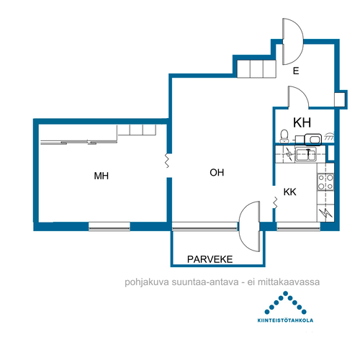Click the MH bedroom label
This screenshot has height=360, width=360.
pyautogui.click(x=102, y=176)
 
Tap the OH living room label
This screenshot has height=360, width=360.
pyautogui.click(x=217, y=173)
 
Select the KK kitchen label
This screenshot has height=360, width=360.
pyautogui.click(x=290, y=192)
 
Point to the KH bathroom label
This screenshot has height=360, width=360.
pyautogui.click(x=302, y=122)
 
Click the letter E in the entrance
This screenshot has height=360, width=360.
pyautogui.click(x=296, y=71)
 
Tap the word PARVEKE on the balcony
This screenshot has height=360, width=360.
pyautogui.click(x=210, y=259)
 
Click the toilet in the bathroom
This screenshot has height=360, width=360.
pyautogui.click(x=284, y=136)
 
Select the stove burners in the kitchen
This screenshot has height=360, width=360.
pyautogui.click(x=325, y=182)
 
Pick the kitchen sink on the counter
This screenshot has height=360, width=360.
pyautogui.click(x=305, y=154)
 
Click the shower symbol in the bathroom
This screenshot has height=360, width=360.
pyautogui.click(x=329, y=136)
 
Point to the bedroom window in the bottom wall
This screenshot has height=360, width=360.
pyautogui.click(x=109, y=226)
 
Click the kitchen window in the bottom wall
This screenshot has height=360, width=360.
pyautogui.click(x=298, y=226)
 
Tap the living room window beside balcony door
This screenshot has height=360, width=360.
pyautogui.click(x=205, y=226)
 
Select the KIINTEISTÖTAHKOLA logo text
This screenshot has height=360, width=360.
pyautogui.click(x=285, y=320)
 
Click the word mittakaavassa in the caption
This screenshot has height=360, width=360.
pyautogui.click(x=289, y=282)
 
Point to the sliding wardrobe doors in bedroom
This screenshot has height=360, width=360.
pyautogui.click(x=78, y=142)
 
